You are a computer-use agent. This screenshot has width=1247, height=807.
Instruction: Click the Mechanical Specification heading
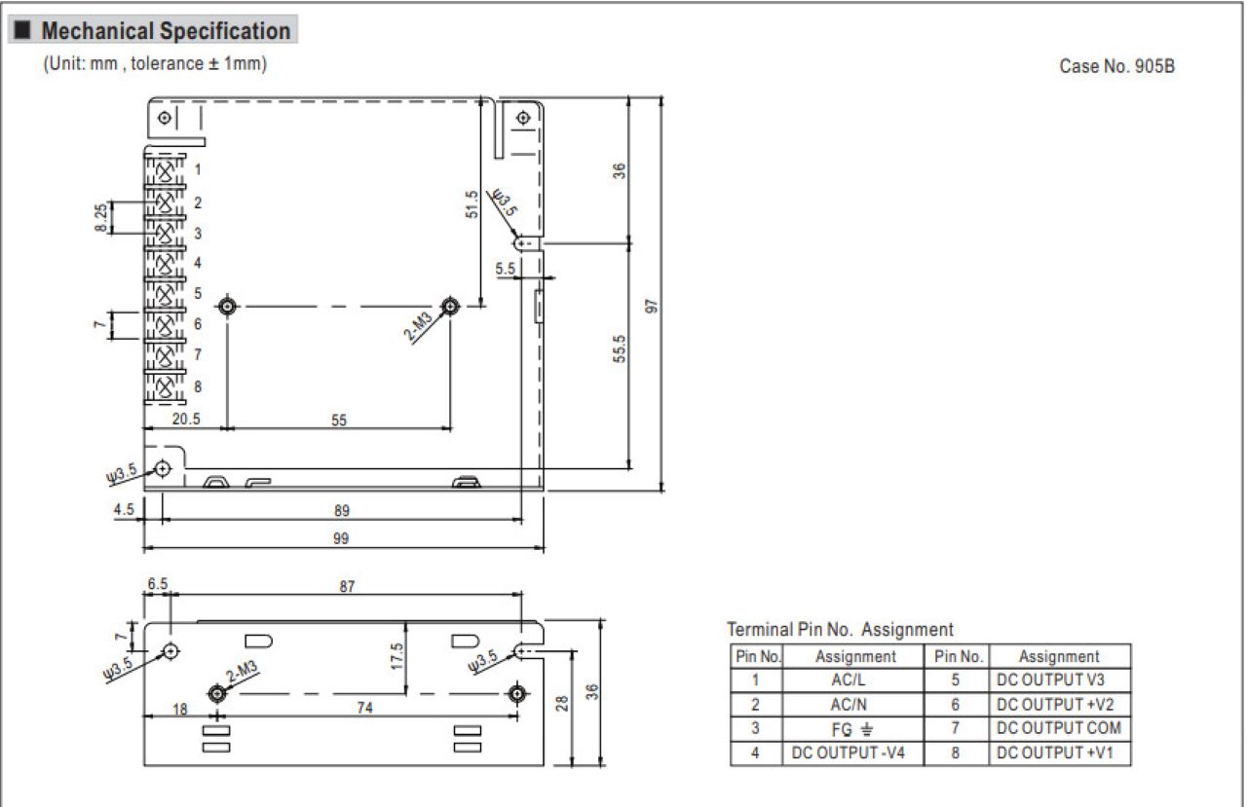[166, 30]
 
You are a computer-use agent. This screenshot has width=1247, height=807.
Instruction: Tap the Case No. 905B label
[1116, 66]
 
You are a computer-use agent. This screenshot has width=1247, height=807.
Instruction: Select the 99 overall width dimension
[341, 538]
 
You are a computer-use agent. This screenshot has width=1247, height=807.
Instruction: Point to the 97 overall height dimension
[651, 306]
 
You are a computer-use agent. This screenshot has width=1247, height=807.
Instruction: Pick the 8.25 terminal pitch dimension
[100, 217]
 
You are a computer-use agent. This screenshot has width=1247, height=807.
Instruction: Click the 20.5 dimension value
[186, 419]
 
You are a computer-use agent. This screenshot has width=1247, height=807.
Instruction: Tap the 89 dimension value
[342, 510]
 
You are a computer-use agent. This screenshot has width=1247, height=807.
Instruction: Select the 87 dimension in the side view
[347, 586]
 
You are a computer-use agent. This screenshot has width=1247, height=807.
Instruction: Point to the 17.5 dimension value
[397, 656]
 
